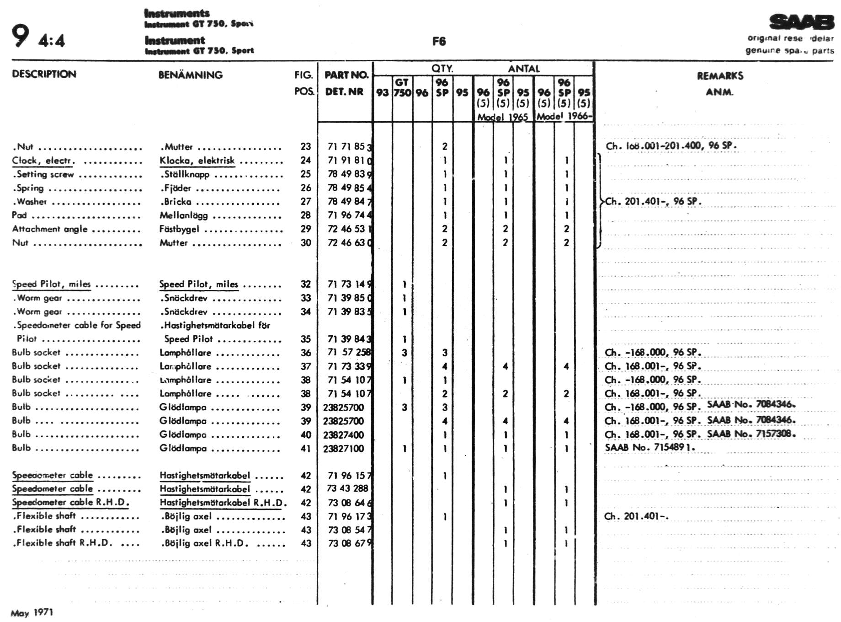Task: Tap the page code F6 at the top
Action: (x=439, y=42)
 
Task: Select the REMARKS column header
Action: (x=720, y=76)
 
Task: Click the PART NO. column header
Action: (x=346, y=75)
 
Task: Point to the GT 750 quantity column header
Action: (x=402, y=87)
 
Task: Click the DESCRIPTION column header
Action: (x=44, y=74)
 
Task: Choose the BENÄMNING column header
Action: (x=190, y=75)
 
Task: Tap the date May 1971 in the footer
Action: (x=32, y=612)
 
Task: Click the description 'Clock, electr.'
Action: (x=43, y=161)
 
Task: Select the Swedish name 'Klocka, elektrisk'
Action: (x=197, y=161)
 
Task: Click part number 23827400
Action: (x=343, y=435)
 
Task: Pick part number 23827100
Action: (x=343, y=449)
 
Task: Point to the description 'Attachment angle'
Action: (x=49, y=229)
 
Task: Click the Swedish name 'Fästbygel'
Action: (x=179, y=229)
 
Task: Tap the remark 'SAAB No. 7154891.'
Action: (x=649, y=447)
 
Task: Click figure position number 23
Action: (x=306, y=147)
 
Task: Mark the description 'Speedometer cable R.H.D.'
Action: (x=70, y=503)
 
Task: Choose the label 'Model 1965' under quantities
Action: (x=502, y=117)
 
